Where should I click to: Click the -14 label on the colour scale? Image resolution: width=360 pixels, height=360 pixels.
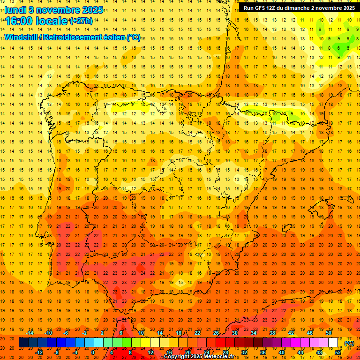click(30, 333)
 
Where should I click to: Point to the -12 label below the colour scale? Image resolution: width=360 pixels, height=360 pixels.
click(39, 352)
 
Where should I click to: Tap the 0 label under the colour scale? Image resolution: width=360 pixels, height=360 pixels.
click(93, 352)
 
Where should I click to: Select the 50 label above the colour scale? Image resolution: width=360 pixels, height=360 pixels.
click(329, 333)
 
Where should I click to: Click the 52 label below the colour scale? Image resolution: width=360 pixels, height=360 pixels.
click(338, 352)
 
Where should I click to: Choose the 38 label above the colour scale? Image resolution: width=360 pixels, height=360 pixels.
click(272, 333)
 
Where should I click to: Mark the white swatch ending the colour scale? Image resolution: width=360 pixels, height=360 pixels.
click(333, 343)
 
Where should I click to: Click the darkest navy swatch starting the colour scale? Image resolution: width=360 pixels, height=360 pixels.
click(23, 343)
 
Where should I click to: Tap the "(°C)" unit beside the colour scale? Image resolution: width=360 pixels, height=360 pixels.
click(349, 343)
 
